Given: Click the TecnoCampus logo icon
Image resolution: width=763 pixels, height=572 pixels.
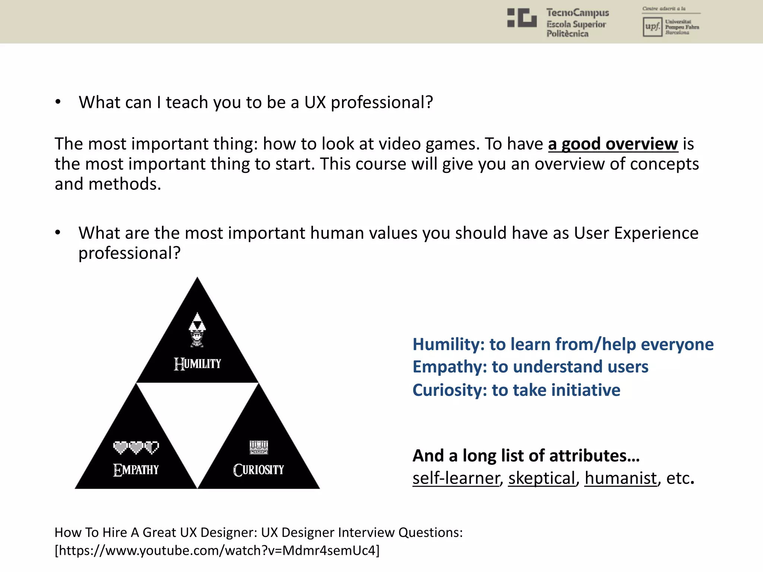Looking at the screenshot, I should point(522,18).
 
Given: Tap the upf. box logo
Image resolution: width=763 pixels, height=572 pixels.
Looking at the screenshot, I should point(652,27).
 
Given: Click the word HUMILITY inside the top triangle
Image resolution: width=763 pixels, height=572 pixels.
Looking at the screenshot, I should point(197,364).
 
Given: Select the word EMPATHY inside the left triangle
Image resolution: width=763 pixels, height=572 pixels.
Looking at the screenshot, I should point(136,470).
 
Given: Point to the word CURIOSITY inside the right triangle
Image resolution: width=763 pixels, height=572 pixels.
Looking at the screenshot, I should point(259,470).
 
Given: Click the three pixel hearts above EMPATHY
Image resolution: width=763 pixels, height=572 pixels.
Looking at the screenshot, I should point(136,447).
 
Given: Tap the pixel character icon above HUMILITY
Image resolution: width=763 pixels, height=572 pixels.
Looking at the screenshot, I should point(197,330).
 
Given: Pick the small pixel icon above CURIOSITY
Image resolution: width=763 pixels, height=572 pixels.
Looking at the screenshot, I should point(259,447).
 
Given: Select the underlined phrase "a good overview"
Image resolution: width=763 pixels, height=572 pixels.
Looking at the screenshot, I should point(613,144).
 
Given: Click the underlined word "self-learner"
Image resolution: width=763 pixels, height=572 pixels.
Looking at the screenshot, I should point(456,478).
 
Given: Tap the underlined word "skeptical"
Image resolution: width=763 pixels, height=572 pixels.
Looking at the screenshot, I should point(542,478).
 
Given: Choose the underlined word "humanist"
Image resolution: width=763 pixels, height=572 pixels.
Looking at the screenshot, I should point(620,478).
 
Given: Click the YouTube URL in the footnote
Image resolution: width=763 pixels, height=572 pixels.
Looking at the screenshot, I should point(217,550).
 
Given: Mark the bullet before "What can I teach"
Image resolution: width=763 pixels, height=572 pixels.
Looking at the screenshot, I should point(58,102).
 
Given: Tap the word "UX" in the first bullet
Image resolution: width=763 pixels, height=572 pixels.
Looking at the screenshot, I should point(315,102).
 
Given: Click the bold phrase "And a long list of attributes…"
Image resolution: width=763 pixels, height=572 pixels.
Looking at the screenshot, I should point(526,455).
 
